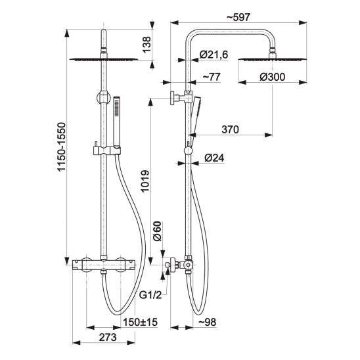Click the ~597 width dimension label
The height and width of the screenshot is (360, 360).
tap(238, 17)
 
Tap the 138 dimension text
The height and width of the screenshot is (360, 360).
tap(146, 45)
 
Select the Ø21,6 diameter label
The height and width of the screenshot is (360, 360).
tap(214, 55)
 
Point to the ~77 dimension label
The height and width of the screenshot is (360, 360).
tap(212, 77)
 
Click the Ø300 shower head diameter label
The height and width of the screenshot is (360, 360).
tap(272, 77)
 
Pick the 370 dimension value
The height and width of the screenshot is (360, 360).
tap(230, 129)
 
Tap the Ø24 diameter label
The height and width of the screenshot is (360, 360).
tap(214, 158)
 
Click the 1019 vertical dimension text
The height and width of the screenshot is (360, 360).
tap(145, 181)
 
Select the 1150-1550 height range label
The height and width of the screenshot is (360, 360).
tap(62, 147)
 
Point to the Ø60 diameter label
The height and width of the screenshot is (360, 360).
tap(157, 231)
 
